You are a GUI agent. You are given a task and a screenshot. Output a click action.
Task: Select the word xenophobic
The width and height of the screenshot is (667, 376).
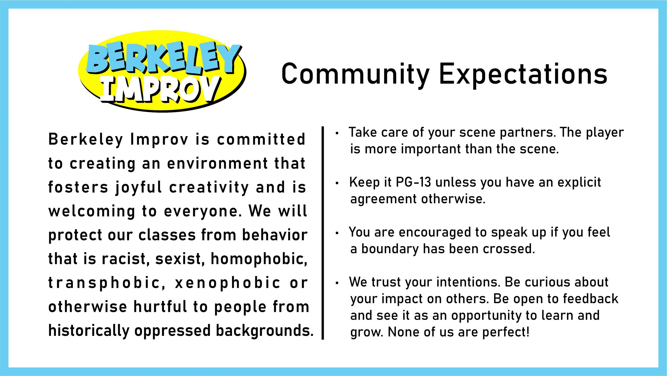(x=228, y=283)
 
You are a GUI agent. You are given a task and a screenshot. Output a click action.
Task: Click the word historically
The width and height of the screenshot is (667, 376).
(x=89, y=331)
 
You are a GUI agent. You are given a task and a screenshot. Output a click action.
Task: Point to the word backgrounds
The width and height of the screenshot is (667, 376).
(x=265, y=331)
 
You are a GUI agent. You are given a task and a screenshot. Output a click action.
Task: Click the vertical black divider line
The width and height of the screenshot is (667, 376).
(x=323, y=233)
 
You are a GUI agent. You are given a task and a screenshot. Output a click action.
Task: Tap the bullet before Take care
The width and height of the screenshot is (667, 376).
(x=337, y=133)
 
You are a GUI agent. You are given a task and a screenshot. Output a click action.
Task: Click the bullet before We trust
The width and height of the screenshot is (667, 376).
(x=337, y=283)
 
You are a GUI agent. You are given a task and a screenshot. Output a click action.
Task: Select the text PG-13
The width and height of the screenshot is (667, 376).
(x=413, y=182)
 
